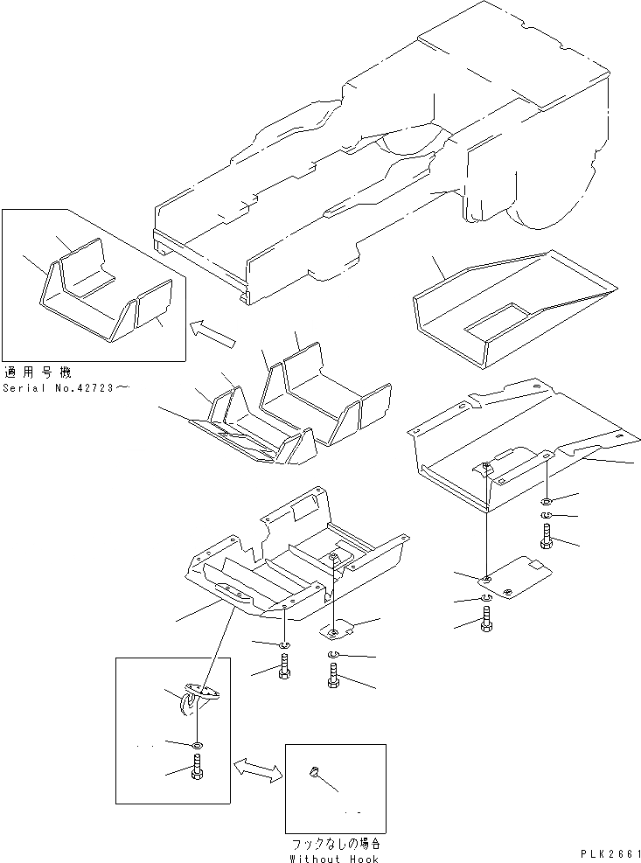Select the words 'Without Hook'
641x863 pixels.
pos(335,859)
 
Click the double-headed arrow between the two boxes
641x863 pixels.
pos(257,769)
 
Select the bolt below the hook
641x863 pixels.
pos(197,772)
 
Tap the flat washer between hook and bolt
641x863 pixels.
pos(197,743)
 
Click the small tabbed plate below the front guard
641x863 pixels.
pos(337,628)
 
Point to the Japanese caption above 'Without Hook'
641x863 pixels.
pos(336,845)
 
